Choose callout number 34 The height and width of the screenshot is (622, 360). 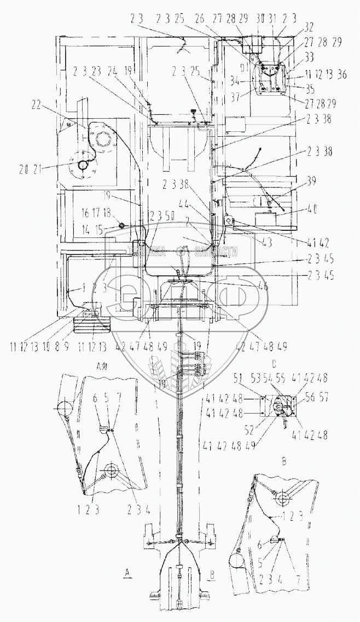click(251, 82)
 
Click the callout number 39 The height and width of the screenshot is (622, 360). click(312, 182)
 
